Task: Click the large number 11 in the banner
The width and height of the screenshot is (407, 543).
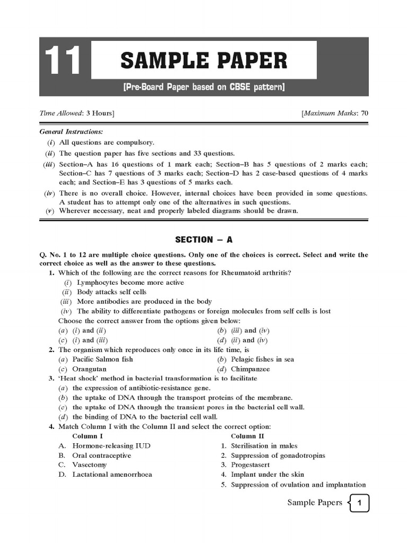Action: click(63, 61)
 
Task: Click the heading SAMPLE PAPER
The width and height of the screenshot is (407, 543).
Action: click(204, 61)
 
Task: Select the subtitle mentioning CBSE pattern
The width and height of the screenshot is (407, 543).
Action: click(204, 86)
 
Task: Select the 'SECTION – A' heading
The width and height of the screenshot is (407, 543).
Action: click(204, 239)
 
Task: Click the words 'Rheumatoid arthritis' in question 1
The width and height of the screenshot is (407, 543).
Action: click(256, 273)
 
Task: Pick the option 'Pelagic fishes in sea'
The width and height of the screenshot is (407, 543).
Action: click(262, 359)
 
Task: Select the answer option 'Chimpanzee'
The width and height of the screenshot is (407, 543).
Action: click(250, 369)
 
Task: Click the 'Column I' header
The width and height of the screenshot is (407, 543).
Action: click(87, 436)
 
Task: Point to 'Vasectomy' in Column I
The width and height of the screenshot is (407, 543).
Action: click(90, 465)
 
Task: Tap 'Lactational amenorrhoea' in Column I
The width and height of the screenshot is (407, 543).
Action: click(112, 474)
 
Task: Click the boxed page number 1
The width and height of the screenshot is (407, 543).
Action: click(359, 503)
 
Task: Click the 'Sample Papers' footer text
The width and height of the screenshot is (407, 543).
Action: click(314, 503)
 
